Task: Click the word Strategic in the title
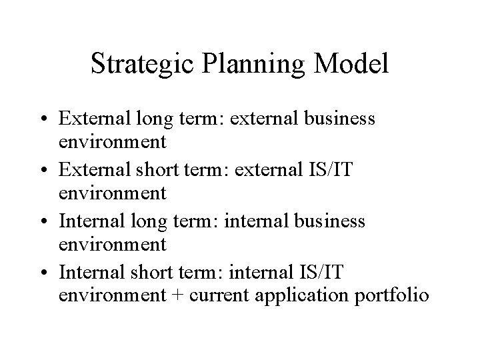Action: point(138,64)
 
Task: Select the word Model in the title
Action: point(353,64)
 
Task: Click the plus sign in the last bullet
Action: point(177,295)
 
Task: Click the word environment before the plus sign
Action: point(112,295)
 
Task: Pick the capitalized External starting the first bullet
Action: point(91,119)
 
